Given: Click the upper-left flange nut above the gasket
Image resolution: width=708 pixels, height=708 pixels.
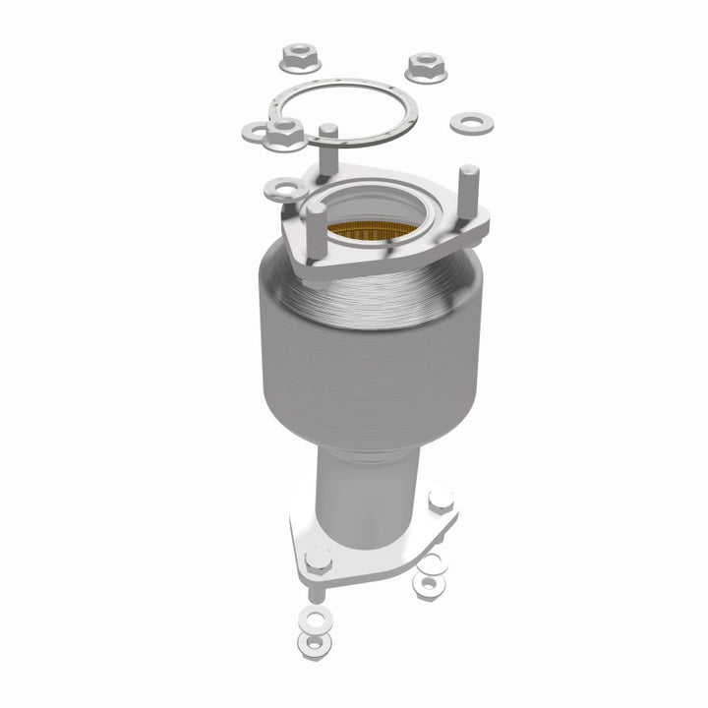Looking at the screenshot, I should [297, 58].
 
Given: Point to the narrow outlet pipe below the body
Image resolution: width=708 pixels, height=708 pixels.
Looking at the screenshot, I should [372, 482].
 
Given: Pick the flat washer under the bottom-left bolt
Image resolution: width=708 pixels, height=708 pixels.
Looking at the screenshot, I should [315, 619].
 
